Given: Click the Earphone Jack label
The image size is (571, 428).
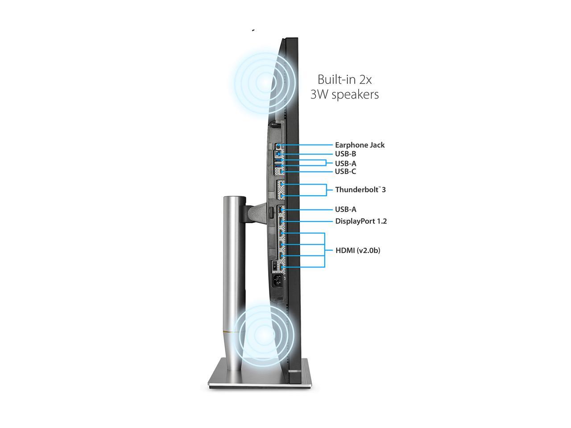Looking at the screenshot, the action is (360, 145).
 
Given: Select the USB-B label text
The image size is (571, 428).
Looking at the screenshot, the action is (345, 154).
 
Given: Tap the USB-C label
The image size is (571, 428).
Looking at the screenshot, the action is (345, 172).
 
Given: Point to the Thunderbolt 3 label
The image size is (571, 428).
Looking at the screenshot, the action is (360, 190).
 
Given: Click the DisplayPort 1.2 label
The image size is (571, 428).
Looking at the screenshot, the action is (361, 221).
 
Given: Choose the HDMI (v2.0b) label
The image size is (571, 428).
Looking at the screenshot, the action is (358, 251).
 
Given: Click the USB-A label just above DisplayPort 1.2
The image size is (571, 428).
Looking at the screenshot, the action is (345, 210).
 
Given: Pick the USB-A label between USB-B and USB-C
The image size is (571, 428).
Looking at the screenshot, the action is (345, 164).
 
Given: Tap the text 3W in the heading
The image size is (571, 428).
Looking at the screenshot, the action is (319, 95).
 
